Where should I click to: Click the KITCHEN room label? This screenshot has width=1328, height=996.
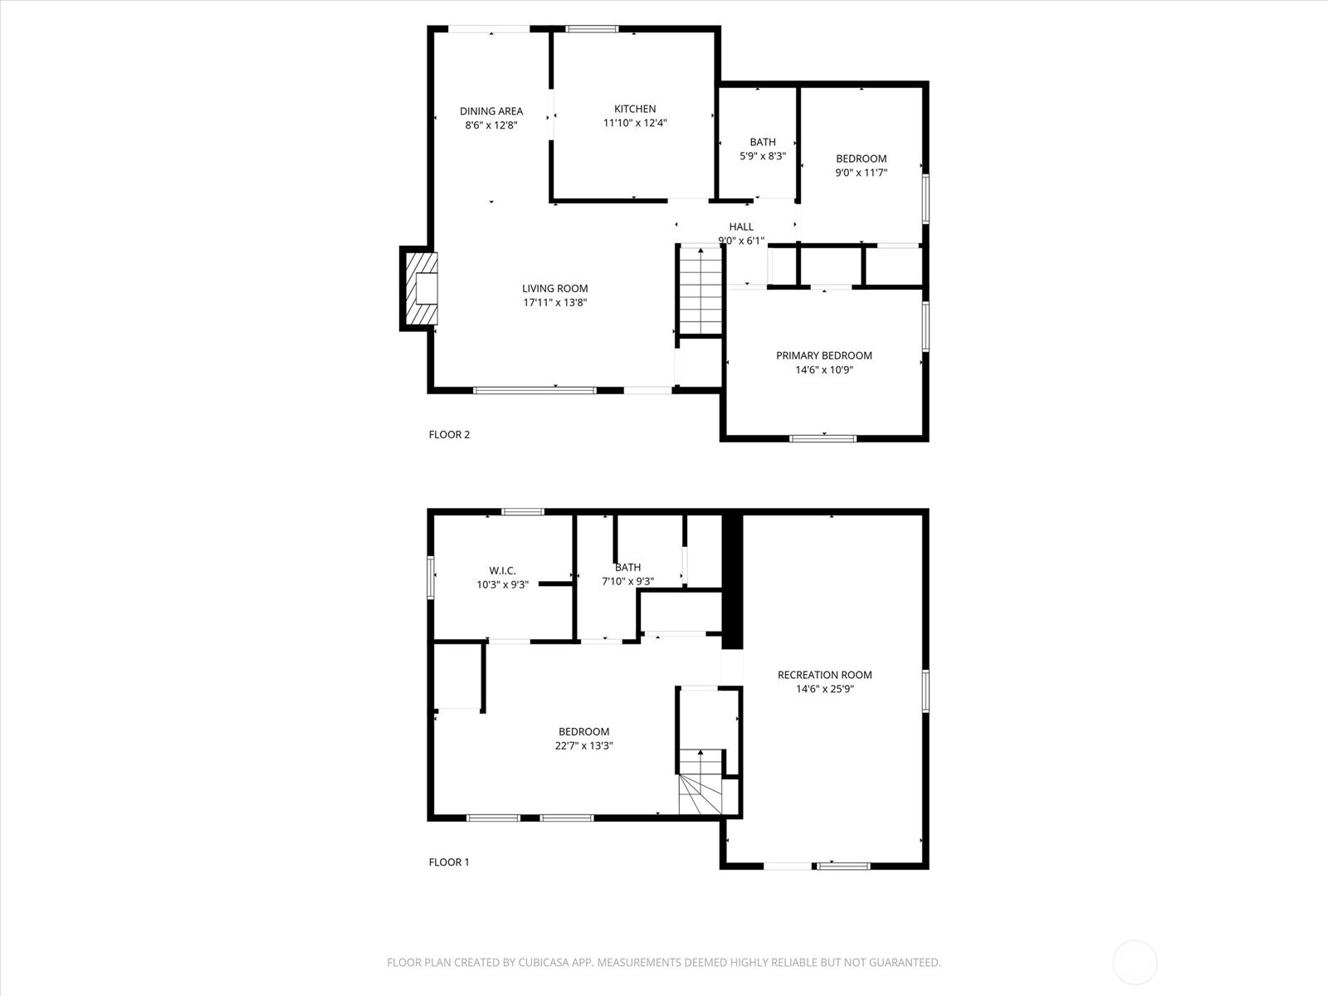click(x=635, y=109)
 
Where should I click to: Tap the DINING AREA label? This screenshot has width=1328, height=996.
click(x=491, y=111)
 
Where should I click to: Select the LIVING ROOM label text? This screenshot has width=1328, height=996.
click(x=554, y=289)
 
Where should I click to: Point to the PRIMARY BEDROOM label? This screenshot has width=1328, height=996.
click(x=824, y=355)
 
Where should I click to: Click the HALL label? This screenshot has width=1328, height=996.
click(x=741, y=227)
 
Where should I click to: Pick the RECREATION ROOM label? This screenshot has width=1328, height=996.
click(x=825, y=675)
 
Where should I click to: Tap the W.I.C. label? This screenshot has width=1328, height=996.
click(x=502, y=571)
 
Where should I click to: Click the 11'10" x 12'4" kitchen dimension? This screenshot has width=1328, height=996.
click(x=635, y=123)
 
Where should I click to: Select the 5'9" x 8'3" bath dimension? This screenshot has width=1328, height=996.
click(x=763, y=156)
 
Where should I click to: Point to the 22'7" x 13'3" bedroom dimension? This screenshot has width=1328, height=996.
click(x=583, y=745)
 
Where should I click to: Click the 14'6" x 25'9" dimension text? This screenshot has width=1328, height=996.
click(x=825, y=689)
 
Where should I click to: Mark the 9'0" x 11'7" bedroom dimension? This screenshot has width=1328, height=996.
click(x=862, y=173)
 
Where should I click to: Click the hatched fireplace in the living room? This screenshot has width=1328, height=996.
click(x=421, y=289)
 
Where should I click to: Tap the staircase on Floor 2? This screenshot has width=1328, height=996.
click(x=701, y=290)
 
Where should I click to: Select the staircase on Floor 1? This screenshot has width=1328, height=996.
click(x=701, y=782)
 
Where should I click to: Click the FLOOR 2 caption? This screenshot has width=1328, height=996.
click(x=449, y=434)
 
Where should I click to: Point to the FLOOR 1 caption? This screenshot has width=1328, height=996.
click(x=449, y=862)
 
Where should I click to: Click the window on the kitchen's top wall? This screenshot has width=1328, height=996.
click(x=592, y=28)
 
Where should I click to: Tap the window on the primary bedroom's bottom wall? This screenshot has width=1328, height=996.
click(x=823, y=438)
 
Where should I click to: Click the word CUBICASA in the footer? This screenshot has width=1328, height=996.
click(x=544, y=963)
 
